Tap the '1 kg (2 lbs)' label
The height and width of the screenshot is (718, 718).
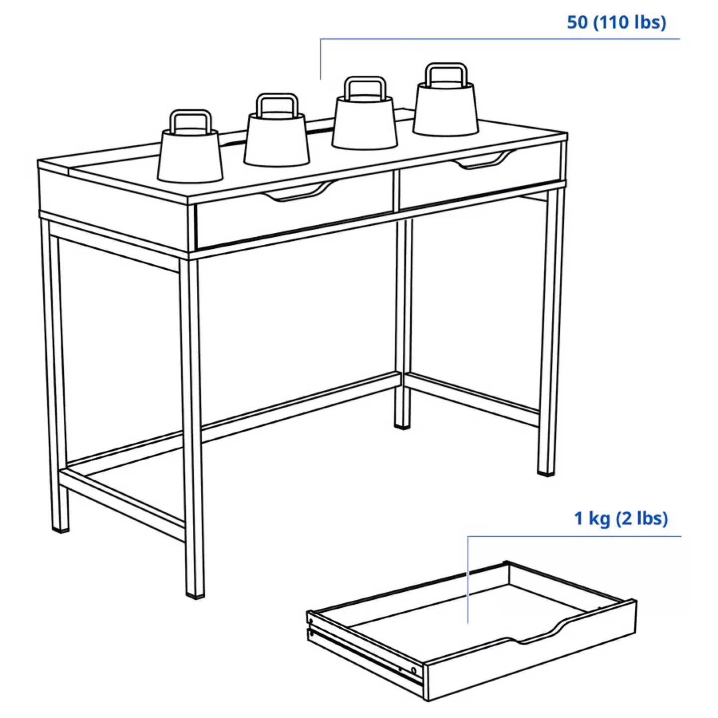620,519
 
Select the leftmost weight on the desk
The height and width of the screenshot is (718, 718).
189,155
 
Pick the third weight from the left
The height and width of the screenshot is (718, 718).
364,122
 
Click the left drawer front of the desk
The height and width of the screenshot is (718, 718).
294,219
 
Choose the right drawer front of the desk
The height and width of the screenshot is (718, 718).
479,182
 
